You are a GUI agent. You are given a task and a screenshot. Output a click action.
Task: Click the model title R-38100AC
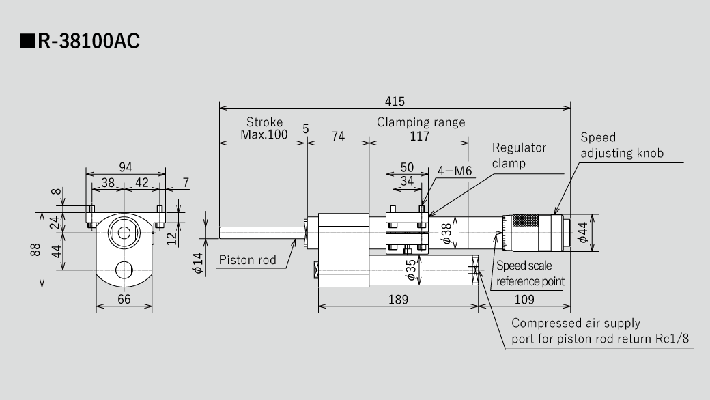pos(81,42)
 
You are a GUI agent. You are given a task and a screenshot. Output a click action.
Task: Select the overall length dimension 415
pos(394,101)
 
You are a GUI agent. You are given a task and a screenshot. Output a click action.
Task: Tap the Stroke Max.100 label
pos(264,128)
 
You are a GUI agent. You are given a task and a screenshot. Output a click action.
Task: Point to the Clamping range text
pos(421,122)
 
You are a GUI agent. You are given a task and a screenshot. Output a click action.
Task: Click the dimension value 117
pos(419,137)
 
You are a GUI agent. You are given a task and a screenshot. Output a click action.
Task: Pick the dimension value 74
pos(338,137)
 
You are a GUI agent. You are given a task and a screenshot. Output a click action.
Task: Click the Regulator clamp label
pos(519,156)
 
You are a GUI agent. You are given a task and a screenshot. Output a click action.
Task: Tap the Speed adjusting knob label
pos(621,145)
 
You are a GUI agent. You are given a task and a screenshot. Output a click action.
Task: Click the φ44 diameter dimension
pos(582,233)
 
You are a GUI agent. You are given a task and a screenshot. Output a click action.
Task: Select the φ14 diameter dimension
pos(198,264)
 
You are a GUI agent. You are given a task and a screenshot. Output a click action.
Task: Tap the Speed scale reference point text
pos(530,273)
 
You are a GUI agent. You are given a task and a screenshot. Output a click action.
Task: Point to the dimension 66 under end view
pos(124,300)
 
